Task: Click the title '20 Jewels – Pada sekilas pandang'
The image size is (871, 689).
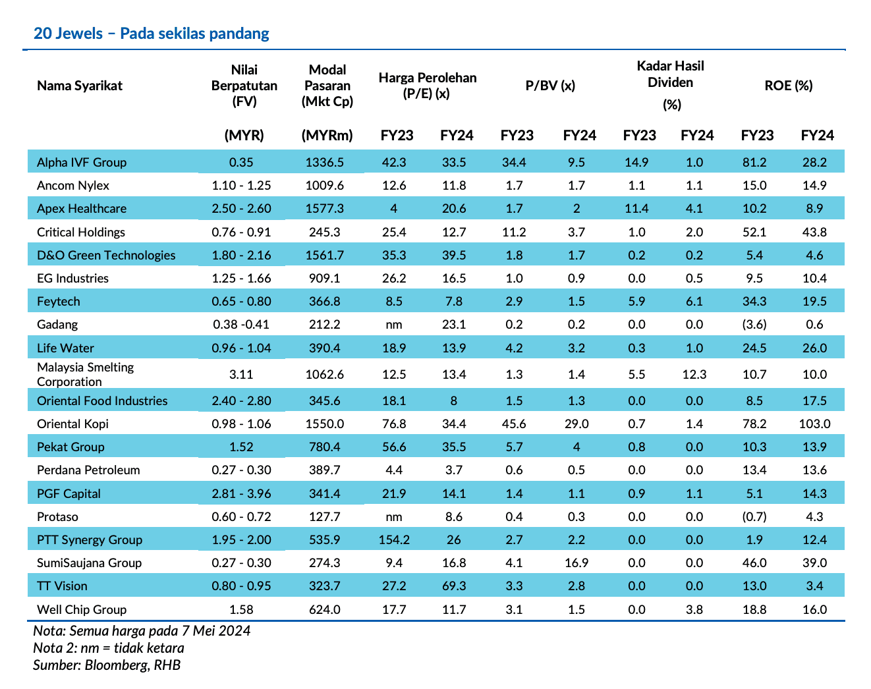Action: click(x=151, y=34)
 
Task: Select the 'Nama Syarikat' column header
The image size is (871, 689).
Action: click(x=80, y=86)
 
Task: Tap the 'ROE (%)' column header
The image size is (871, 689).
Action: click(x=789, y=86)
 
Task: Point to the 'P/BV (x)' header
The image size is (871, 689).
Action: click(x=550, y=86)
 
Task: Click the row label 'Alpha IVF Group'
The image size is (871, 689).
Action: click(x=82, y=162)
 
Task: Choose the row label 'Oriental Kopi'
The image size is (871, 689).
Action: click(x=73, y=424)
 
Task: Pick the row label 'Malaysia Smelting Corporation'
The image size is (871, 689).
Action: click(x=86, y=374)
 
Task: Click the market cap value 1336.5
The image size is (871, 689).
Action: click(x=325, y=162)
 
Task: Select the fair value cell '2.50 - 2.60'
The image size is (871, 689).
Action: click(x=241, y=208)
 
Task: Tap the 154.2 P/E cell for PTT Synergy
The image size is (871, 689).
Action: click(x=394, y=539)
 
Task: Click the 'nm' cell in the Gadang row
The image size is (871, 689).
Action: click(x=394, y=325)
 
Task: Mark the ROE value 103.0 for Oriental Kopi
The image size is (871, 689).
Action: click(x=815, y=424)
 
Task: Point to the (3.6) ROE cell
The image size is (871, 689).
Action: click(x=754, y=325)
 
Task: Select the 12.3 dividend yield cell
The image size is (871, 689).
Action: click(x=694, y=374)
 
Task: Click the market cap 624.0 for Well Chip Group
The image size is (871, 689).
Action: click(x=325, y=609)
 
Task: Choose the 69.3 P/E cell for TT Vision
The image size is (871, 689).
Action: click(x=454, y=586)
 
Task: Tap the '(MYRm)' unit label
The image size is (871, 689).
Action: click(x=327, y=135)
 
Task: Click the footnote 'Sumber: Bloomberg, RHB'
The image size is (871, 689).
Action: click(x=107, y=665)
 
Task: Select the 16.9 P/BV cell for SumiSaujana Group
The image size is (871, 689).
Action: click(x=576, y=563)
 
